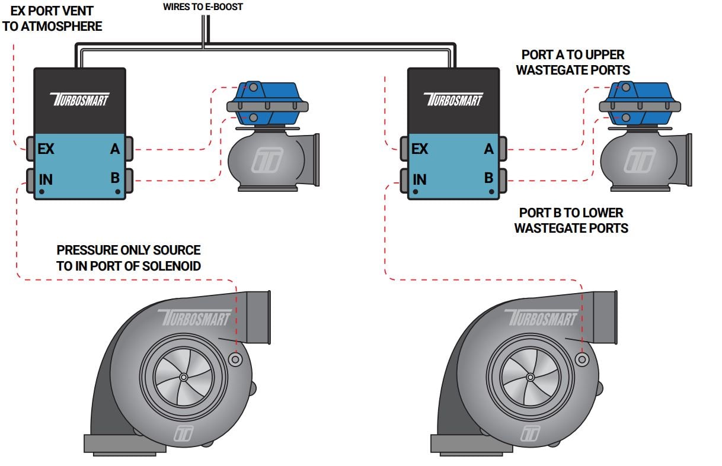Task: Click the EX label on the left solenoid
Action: (46, 149)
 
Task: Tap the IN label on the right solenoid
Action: (419, 179)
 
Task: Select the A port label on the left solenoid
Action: (115, 149)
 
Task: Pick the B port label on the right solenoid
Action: (488, 178)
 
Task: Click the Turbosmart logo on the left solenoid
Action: (79, 99)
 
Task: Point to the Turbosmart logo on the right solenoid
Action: (453, 99)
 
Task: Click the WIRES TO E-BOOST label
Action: (203, 7)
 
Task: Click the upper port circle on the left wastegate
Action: (254, 87)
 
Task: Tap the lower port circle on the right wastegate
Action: (626, 118)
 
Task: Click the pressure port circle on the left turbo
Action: (235, 359)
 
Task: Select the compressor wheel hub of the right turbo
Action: (530, 377)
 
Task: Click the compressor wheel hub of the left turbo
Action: (184, 377)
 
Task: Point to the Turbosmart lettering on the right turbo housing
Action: (542, 317)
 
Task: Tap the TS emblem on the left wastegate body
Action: (267, 160)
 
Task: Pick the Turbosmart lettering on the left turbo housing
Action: (194, 317)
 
